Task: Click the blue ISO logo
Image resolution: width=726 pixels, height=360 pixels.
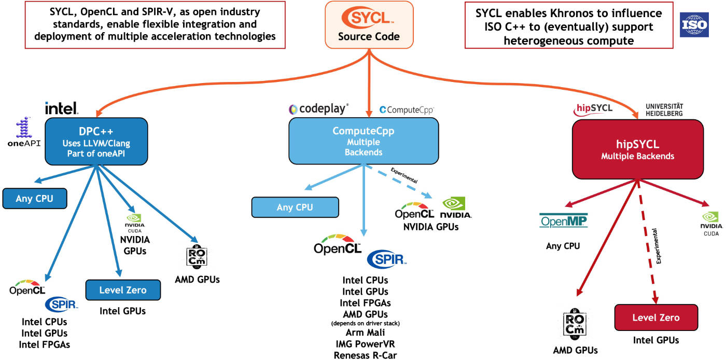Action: tap(694, 24)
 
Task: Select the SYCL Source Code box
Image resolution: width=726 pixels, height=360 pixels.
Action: tap(369, 25)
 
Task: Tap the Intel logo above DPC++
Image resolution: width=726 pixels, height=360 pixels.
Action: tap(62, 108)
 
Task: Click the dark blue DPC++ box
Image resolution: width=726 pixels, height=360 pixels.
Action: tap(96, 142)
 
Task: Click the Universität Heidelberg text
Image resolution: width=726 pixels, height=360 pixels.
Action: tap(664, 109)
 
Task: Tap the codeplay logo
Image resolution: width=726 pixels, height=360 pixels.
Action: tap(318, 109)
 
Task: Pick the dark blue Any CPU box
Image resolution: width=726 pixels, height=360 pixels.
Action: tap(35, 198)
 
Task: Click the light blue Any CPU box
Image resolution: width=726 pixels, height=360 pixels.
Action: tap(295, 207)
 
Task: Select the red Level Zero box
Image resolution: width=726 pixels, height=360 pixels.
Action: tap(655, 317)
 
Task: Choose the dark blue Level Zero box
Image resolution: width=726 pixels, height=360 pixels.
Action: tap(123, 290)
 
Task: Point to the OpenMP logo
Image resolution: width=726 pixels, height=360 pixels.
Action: tap(563, 221)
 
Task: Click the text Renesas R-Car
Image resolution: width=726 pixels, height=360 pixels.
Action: tap(365, 355)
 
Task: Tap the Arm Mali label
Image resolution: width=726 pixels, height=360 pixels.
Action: tap(365, 333)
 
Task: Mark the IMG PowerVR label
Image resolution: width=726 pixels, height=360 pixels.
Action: tap(365, 344)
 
